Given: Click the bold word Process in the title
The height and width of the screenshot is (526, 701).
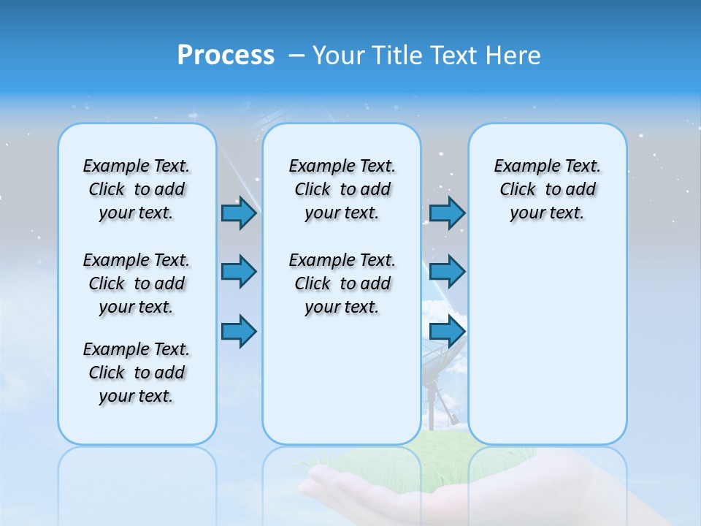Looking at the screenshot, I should (x=226, y=55).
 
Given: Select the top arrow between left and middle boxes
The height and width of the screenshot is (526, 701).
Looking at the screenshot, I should (x=238, y=213).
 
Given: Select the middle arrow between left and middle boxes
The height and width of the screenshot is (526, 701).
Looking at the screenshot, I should (x=238, y=272).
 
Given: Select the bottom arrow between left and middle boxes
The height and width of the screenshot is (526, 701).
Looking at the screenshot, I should (x=238, y=331).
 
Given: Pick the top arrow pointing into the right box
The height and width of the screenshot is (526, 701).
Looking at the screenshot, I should (x=447, y=213).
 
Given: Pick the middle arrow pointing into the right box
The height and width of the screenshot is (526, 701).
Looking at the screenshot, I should (x=447, y=272).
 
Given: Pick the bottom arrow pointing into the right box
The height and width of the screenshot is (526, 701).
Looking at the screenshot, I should (x=447, y=331).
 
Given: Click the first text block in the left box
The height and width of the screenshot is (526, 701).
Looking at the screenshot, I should (x=137, y=189).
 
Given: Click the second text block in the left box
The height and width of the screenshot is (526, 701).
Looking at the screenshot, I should (x=137, y=283).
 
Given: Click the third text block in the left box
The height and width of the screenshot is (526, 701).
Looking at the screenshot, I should (x=137, y=373).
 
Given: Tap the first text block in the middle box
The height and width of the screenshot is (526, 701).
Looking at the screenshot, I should (x=342, y=189).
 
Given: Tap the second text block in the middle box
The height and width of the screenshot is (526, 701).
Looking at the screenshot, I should (x=342, y=283).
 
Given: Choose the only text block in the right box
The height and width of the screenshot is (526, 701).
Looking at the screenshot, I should (x=547, y=189).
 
